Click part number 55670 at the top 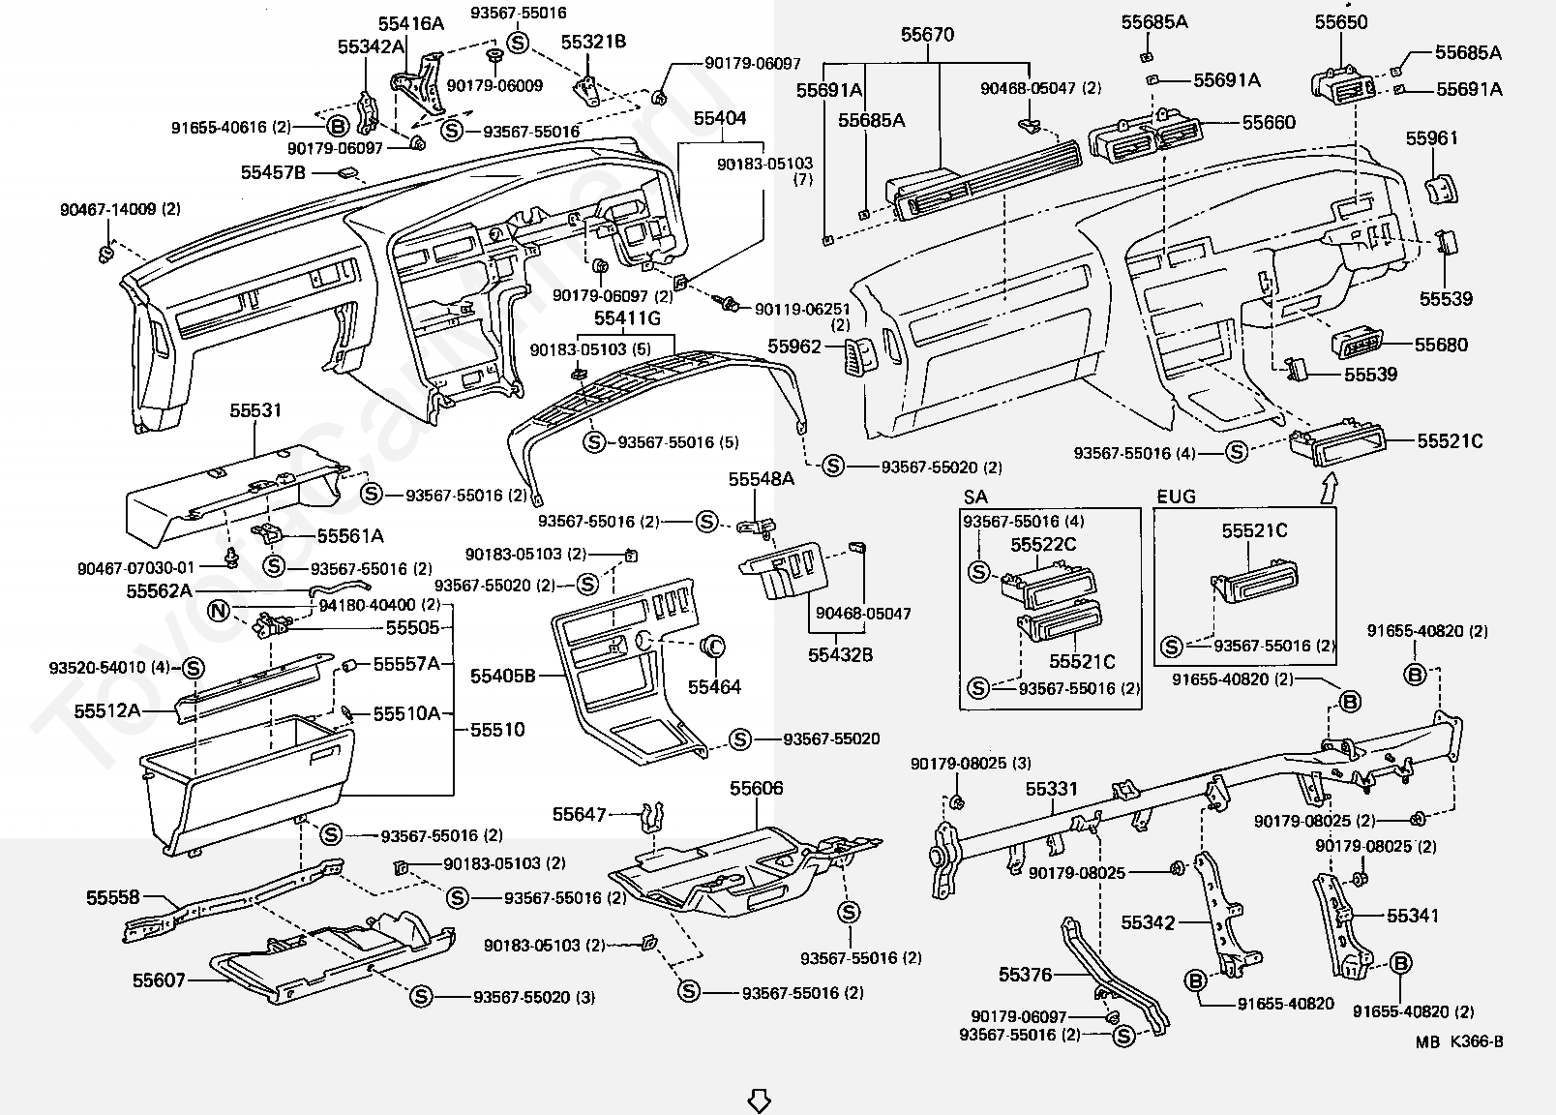tap(927, 36)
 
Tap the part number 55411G tap(627, 318)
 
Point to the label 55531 tap(255, 410)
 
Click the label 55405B tap(503, 677)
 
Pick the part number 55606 tap(757, 789)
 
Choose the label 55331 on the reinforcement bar tap(1051, 790)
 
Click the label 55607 tap(159, 980)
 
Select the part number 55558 tap(113, 897)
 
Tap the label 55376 tap(1025, 975)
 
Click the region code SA tap(975, 497)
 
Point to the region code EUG tap(1176, 497)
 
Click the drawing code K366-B tap(1476, 1042)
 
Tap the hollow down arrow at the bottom tap(759, 1100)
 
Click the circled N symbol tap(219, 611)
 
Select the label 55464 tap(714, 687)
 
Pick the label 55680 tap(1441, 345)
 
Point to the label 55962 tap(794, 347)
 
